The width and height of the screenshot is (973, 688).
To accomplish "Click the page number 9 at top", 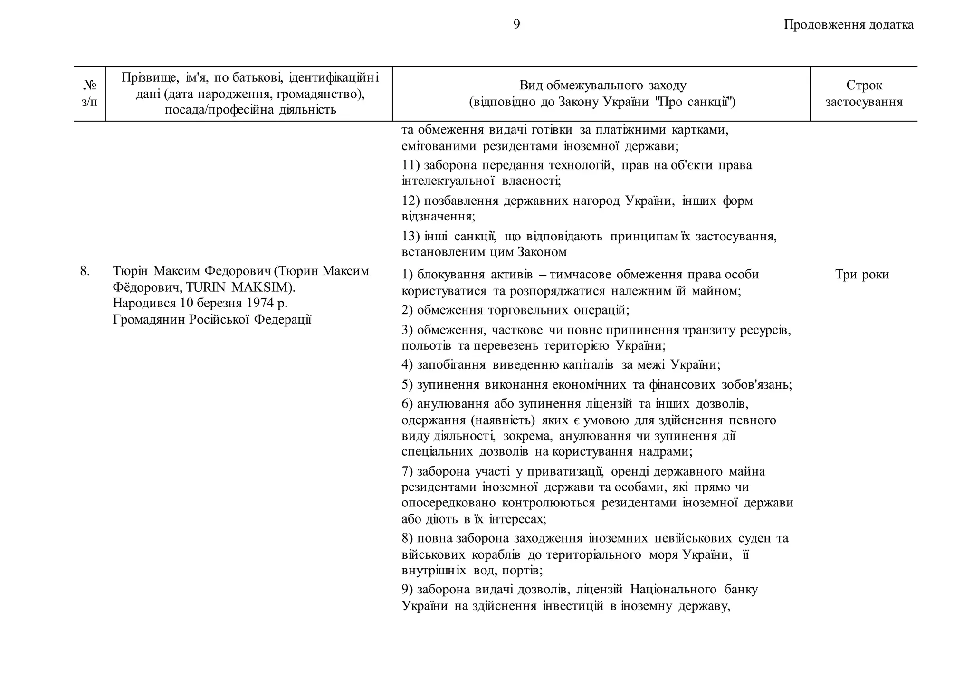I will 516,25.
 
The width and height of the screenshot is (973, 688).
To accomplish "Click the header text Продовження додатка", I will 849,25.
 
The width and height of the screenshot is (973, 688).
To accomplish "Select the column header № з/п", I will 89,94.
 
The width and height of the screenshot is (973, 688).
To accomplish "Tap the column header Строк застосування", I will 864,94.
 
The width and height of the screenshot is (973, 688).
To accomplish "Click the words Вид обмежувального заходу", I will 602,86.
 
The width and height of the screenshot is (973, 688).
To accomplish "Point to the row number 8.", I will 85,271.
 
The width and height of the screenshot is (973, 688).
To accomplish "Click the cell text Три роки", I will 862,275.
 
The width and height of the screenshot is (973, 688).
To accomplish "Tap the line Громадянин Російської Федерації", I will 212,319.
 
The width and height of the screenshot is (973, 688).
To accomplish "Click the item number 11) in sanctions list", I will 410,165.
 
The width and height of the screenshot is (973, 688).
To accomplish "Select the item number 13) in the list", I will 410,236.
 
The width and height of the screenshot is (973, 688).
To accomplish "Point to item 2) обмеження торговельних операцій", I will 515,310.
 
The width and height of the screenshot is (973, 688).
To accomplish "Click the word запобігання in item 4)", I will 451,365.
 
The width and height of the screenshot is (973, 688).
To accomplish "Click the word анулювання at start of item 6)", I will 453,404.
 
